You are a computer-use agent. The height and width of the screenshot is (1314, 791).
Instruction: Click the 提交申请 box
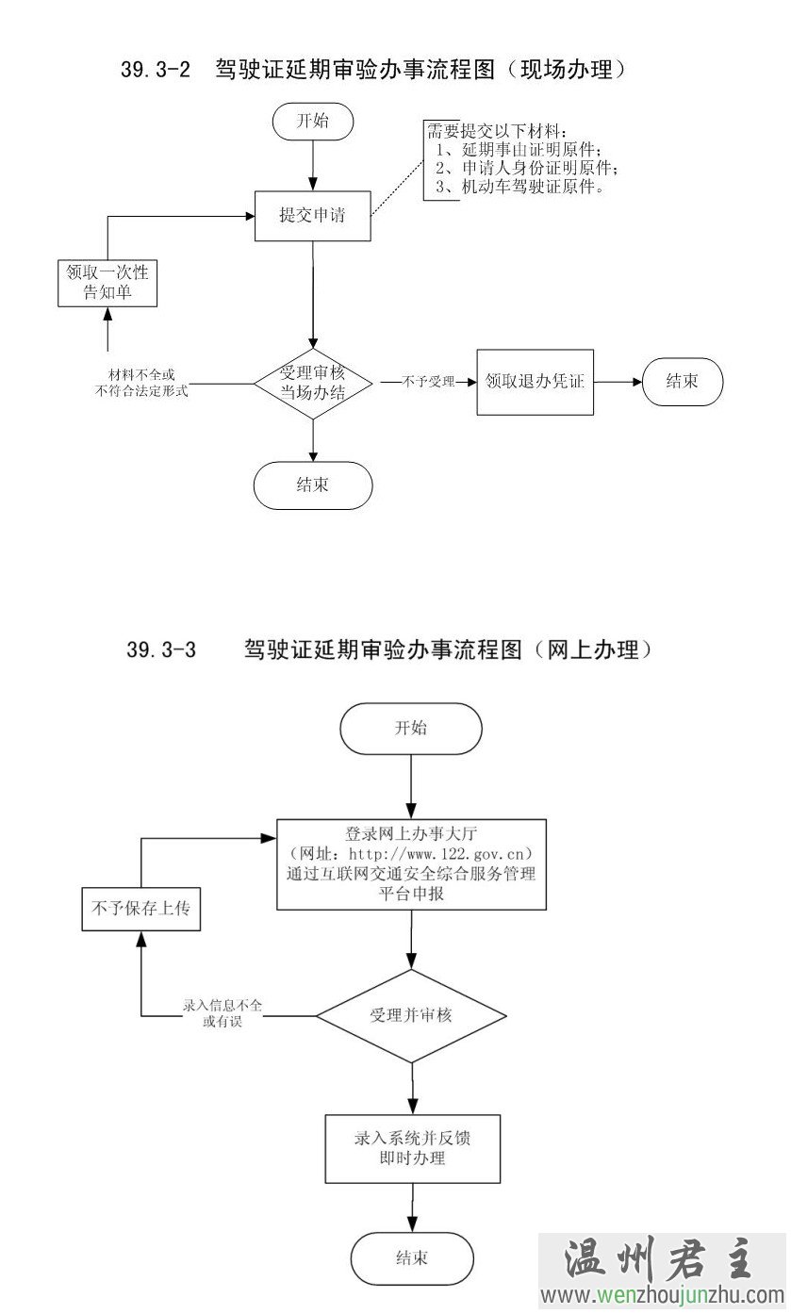tap(312, 216)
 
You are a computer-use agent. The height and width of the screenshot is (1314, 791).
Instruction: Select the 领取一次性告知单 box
tap(107, 282)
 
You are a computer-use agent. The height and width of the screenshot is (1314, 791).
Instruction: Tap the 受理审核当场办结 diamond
tap(312, 382)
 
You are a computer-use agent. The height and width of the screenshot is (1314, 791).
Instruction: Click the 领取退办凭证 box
tap(535, 382)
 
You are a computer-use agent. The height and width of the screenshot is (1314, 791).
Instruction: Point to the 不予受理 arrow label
tap(429, 382)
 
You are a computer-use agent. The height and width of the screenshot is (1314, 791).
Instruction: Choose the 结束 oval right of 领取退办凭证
tap(683, 382)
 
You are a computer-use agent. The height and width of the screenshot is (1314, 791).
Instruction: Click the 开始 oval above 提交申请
tap(312, 121)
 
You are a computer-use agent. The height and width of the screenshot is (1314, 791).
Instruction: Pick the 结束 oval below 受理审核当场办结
tap(312, 485)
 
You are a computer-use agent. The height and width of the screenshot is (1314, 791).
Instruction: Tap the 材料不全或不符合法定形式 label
tap(141, 384)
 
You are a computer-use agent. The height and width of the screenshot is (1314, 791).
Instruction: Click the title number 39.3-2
tap(156, 70)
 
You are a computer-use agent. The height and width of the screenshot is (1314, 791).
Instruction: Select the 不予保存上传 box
tap(140, 909)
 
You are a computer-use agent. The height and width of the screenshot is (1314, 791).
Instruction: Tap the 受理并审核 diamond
tap(411, 1015)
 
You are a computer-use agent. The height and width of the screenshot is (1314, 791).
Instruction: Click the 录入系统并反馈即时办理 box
tap(412, 1148)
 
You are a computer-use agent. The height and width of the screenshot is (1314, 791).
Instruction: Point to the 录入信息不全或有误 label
tap(222, 1013)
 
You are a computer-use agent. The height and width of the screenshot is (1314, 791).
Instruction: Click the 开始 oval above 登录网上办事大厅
tap(411, 729)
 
